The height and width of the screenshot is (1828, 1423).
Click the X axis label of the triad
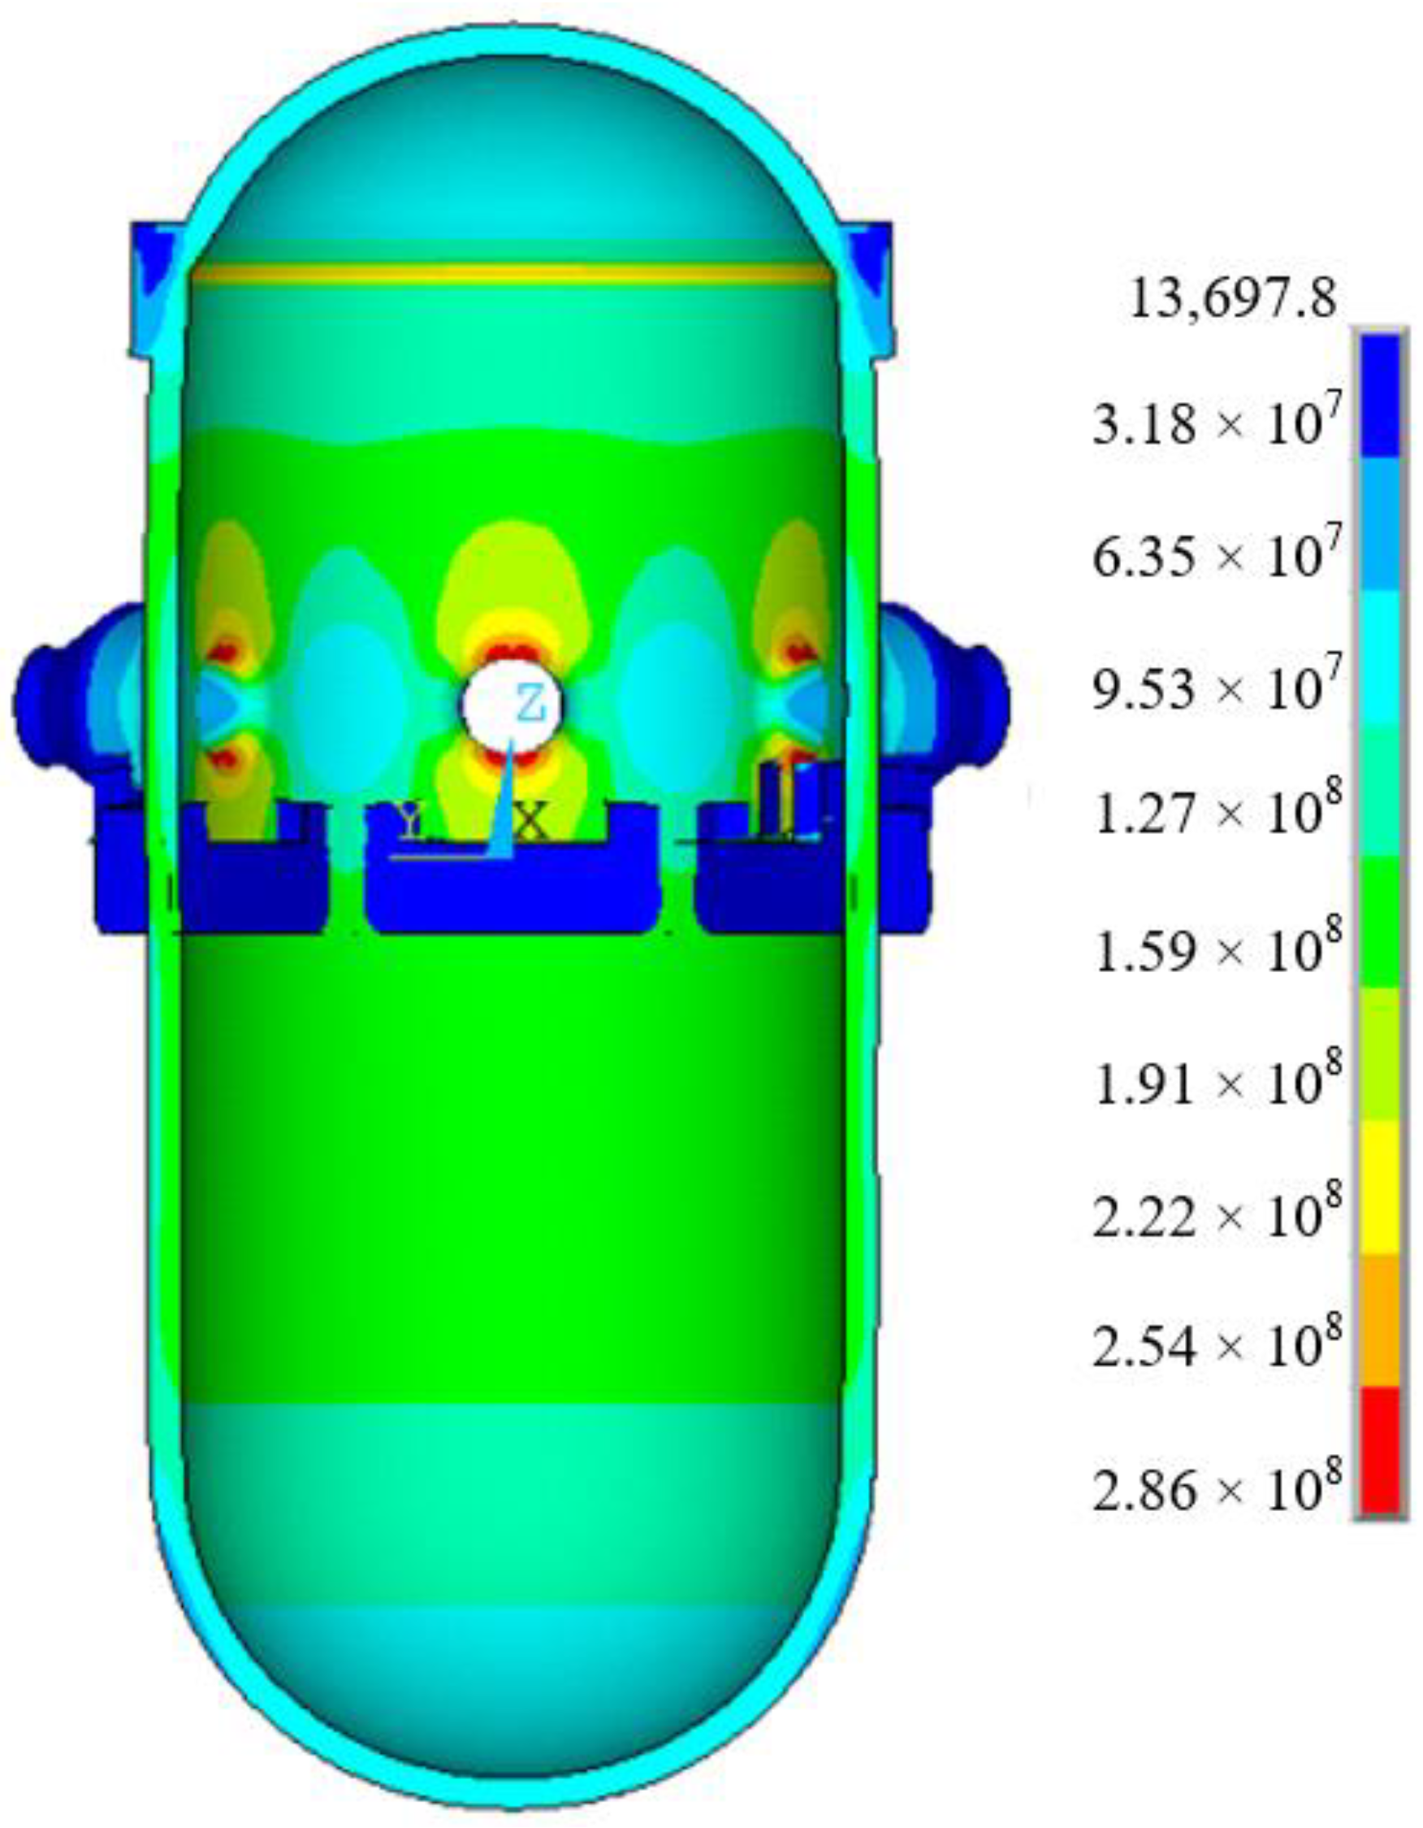[531, 822]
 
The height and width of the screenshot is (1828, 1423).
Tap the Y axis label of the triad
[409, 818]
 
